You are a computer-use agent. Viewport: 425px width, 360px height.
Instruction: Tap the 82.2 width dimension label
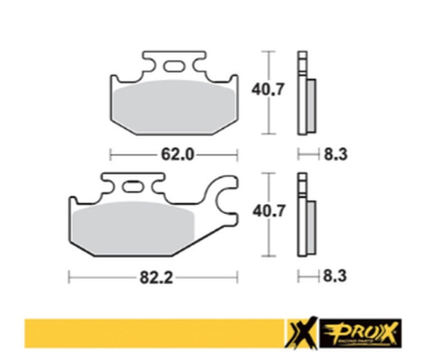[157, 278]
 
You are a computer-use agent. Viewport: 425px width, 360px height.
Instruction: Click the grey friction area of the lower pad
[133, 226]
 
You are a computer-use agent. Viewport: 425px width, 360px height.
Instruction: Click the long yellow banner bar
[154, 333]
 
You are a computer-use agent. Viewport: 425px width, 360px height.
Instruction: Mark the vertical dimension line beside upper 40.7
[270, 93]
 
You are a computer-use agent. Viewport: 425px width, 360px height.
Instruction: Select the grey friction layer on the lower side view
[311, 227]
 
